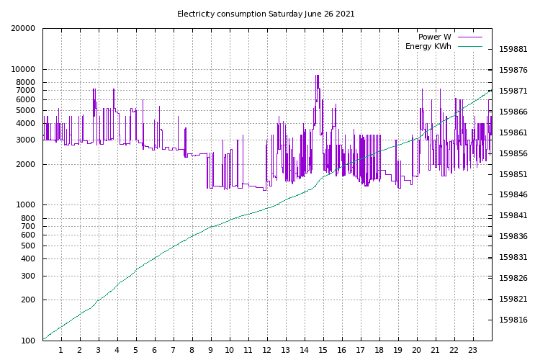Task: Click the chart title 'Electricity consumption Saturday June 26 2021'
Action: (266, 14)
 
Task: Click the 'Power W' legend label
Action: (434, 37)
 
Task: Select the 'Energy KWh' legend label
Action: (428, 46)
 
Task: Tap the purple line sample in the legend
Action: (470, 37)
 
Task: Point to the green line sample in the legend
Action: (470, 46)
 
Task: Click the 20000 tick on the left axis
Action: (23, 28)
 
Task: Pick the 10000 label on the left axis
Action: (23, 69)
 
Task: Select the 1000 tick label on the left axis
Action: (25, 205)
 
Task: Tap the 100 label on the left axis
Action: (28, 341)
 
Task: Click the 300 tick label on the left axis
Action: (28, 276)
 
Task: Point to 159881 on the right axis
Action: (513, 49)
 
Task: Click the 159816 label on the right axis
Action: (513, 320)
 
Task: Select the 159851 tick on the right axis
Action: (513, 174)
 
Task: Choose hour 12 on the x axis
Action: (266, 350)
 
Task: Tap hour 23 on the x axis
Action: (472, 350)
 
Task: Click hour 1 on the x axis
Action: (61, 350)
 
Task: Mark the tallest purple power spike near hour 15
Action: (318, 76)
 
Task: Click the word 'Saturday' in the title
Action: (285, 14)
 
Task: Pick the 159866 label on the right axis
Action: (513, 112)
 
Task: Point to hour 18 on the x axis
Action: (379, 350)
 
